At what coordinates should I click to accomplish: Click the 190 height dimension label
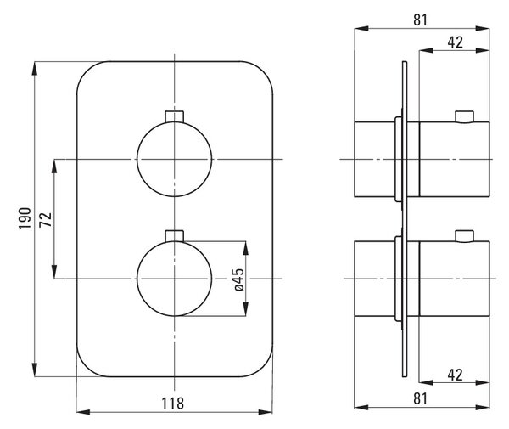pyautogui.click(x=25, y=218)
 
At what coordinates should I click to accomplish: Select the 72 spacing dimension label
pyautogui.click(x=46, y=220)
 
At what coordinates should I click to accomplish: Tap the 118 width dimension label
pyautogui.click(x=173, y=404)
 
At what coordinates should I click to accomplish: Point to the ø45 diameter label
pyautogui.click(x=238, y=279)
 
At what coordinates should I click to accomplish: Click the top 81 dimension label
pyautogui.click(x=421, y=20)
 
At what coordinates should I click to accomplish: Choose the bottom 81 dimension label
pyautogui.click(x=421, y=398)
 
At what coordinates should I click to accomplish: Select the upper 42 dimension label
pyautogui.click(x=455, y=42)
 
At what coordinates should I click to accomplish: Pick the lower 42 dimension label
pyautogui.click(x=455, y=375)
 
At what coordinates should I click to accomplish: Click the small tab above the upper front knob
pyautogui.click(x=174, y=116)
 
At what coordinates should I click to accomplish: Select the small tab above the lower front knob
pyautogui.click(x=174, y=236)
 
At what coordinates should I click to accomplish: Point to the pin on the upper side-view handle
pyautogui.click(x=464, y=117)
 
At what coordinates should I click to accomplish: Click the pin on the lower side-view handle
pyautogui.click(x=464, y=237)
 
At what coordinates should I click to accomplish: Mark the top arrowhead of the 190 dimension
pyautogui.click(x=35, y=68)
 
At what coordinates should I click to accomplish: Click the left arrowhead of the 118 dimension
pyautogui.click(x=83, y=412)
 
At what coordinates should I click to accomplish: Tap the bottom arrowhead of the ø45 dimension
pyautogui.click(x=246, y=309)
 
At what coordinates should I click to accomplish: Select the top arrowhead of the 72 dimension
pyautogui.click(x=54, y=166)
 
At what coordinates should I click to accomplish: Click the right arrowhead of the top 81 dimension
pyautogui.click(x=483, y=29)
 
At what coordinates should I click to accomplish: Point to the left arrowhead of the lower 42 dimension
pyautogui.click(x=426, y=382)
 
